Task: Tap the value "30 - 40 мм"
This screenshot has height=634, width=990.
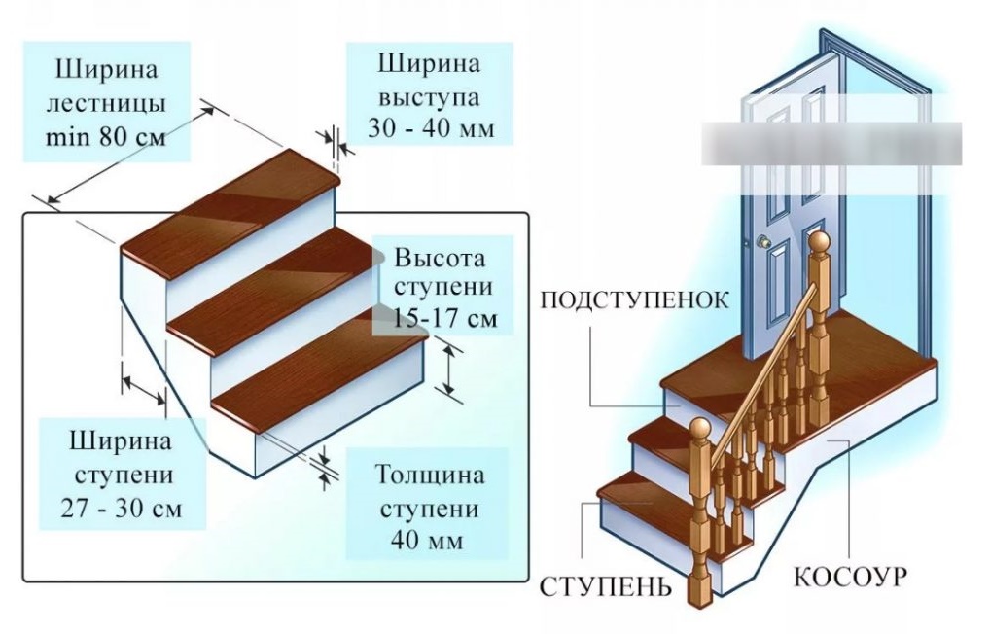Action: coord(429,128)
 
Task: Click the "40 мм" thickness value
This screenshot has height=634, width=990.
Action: coord(429,540)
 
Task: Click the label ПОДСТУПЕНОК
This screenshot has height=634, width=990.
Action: coord(634,298)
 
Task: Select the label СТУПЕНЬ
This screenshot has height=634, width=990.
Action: coord(604,587)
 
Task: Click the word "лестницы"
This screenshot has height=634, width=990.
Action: coord(108,102)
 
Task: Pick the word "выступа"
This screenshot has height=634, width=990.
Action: coord(429,96)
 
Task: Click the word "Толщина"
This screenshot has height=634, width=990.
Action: coord(429,475)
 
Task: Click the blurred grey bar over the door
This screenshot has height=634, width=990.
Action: coord(831,144)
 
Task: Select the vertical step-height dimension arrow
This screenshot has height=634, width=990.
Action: coord(448,369)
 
